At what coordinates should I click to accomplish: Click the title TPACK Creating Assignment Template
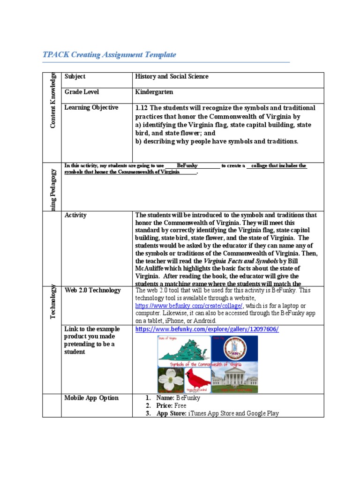coord(109,55)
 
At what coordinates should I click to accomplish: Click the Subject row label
coord(75,76)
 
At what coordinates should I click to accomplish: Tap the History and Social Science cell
coord(172,76)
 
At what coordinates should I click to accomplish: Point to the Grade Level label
coord(82,92)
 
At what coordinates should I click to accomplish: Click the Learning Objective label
coord(91,107)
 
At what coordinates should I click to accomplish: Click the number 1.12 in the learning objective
coord(142,108)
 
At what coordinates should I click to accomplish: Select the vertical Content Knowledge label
coord(53,100)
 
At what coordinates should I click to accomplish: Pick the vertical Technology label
coord(53,302)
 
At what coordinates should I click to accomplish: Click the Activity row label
coord(75,215)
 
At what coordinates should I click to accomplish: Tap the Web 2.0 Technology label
coord(92,290)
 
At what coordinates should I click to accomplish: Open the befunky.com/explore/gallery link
coord(207,329)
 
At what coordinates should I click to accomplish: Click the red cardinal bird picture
coord(197,379)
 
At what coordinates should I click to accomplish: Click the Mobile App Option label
coord(91,398)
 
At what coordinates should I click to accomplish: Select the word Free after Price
coord(180,405)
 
